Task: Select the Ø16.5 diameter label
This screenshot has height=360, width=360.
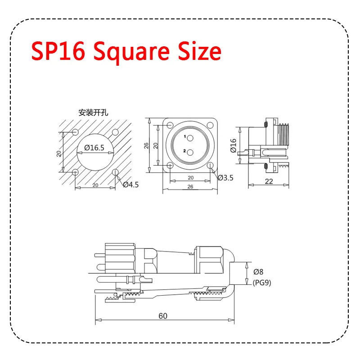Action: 94,147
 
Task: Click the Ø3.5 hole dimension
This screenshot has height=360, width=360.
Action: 225,178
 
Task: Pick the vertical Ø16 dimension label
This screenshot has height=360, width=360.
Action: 234,145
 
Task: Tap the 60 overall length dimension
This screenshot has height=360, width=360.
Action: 163,316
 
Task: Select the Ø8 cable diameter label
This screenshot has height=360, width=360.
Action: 258,272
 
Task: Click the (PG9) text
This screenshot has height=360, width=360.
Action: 262,283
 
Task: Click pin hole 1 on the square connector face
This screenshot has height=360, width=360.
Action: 190,138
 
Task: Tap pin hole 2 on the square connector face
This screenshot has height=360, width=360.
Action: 190,152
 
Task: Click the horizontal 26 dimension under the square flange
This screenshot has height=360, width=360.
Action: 190,186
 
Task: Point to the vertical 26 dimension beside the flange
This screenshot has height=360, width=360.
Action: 146,145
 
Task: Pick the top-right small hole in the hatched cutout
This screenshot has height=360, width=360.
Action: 115,132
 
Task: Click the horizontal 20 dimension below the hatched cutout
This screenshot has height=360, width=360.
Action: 95,185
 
